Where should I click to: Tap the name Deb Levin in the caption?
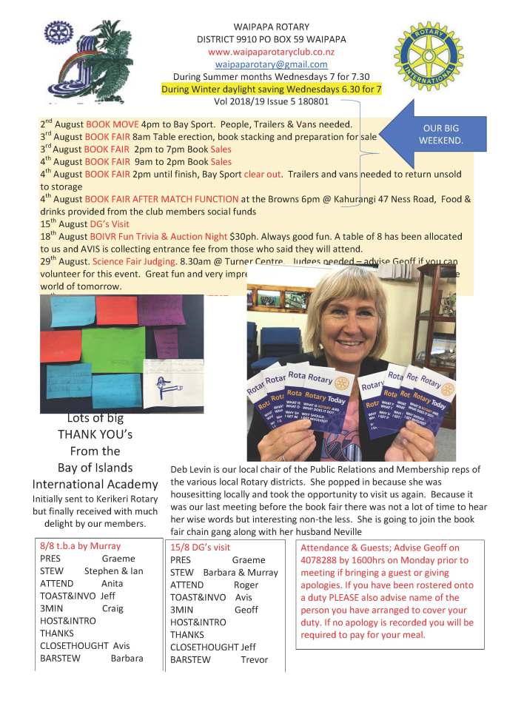click(192, 470)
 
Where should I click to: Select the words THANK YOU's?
click(94, 435)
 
